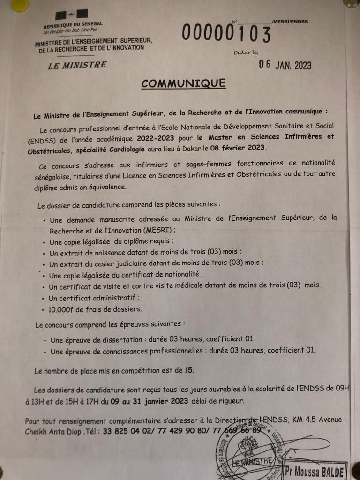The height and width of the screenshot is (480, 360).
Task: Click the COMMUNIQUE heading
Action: (183, 83)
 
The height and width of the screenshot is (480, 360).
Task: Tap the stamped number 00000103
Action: (226, 34)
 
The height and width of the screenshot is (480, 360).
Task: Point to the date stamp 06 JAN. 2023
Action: (285, 66)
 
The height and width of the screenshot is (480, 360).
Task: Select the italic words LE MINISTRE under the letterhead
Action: (77, 65)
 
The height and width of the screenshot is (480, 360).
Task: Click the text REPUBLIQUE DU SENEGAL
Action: (73, 24)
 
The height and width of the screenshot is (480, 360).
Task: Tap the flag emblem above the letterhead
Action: (73, 14)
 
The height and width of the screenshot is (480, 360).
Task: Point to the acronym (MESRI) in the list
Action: (159, 230)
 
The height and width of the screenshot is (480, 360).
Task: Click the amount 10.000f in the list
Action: (64, 309)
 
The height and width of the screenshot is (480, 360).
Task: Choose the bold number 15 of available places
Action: (189, 370)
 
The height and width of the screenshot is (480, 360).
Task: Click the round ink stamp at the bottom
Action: (251, 450)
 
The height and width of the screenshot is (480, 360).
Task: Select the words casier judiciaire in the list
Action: (112, 263)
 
